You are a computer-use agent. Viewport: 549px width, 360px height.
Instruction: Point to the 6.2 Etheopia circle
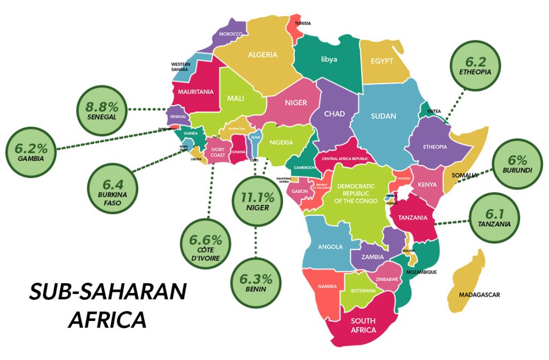coord(475,65)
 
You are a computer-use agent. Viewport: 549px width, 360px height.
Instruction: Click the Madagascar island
coord(468,282)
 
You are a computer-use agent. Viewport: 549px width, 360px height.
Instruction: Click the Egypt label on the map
coord(382,61)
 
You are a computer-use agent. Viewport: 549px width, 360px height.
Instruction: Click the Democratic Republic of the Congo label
coord(356,193)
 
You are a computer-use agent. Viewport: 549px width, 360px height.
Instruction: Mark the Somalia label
coord(464,175)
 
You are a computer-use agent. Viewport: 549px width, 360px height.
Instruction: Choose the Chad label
coord(334,114)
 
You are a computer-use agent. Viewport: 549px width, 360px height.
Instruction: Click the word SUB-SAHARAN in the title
coord(108,292)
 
